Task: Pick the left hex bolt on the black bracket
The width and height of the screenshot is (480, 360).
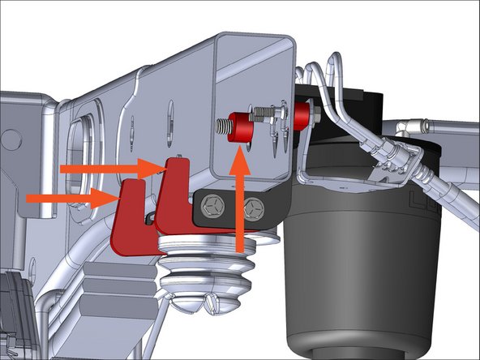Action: click(x=212, y=206)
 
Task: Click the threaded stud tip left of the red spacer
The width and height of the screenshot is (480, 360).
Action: click(x=221, y=126)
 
